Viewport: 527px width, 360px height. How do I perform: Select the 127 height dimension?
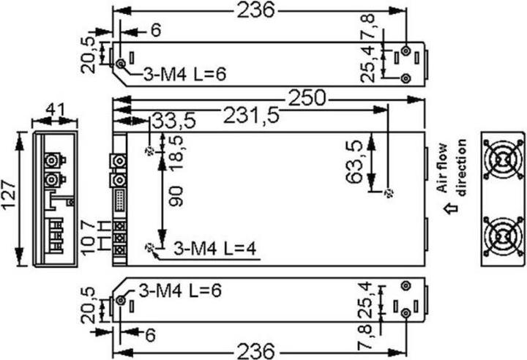(x=10, y=197)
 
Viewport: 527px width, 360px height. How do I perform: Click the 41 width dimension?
(x=56, y=110)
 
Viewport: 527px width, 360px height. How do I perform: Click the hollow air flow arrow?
(x=451, y=208)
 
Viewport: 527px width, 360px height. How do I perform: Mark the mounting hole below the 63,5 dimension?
(x=389, y=193)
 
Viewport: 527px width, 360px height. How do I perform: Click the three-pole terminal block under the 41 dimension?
(x=55, y=236)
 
